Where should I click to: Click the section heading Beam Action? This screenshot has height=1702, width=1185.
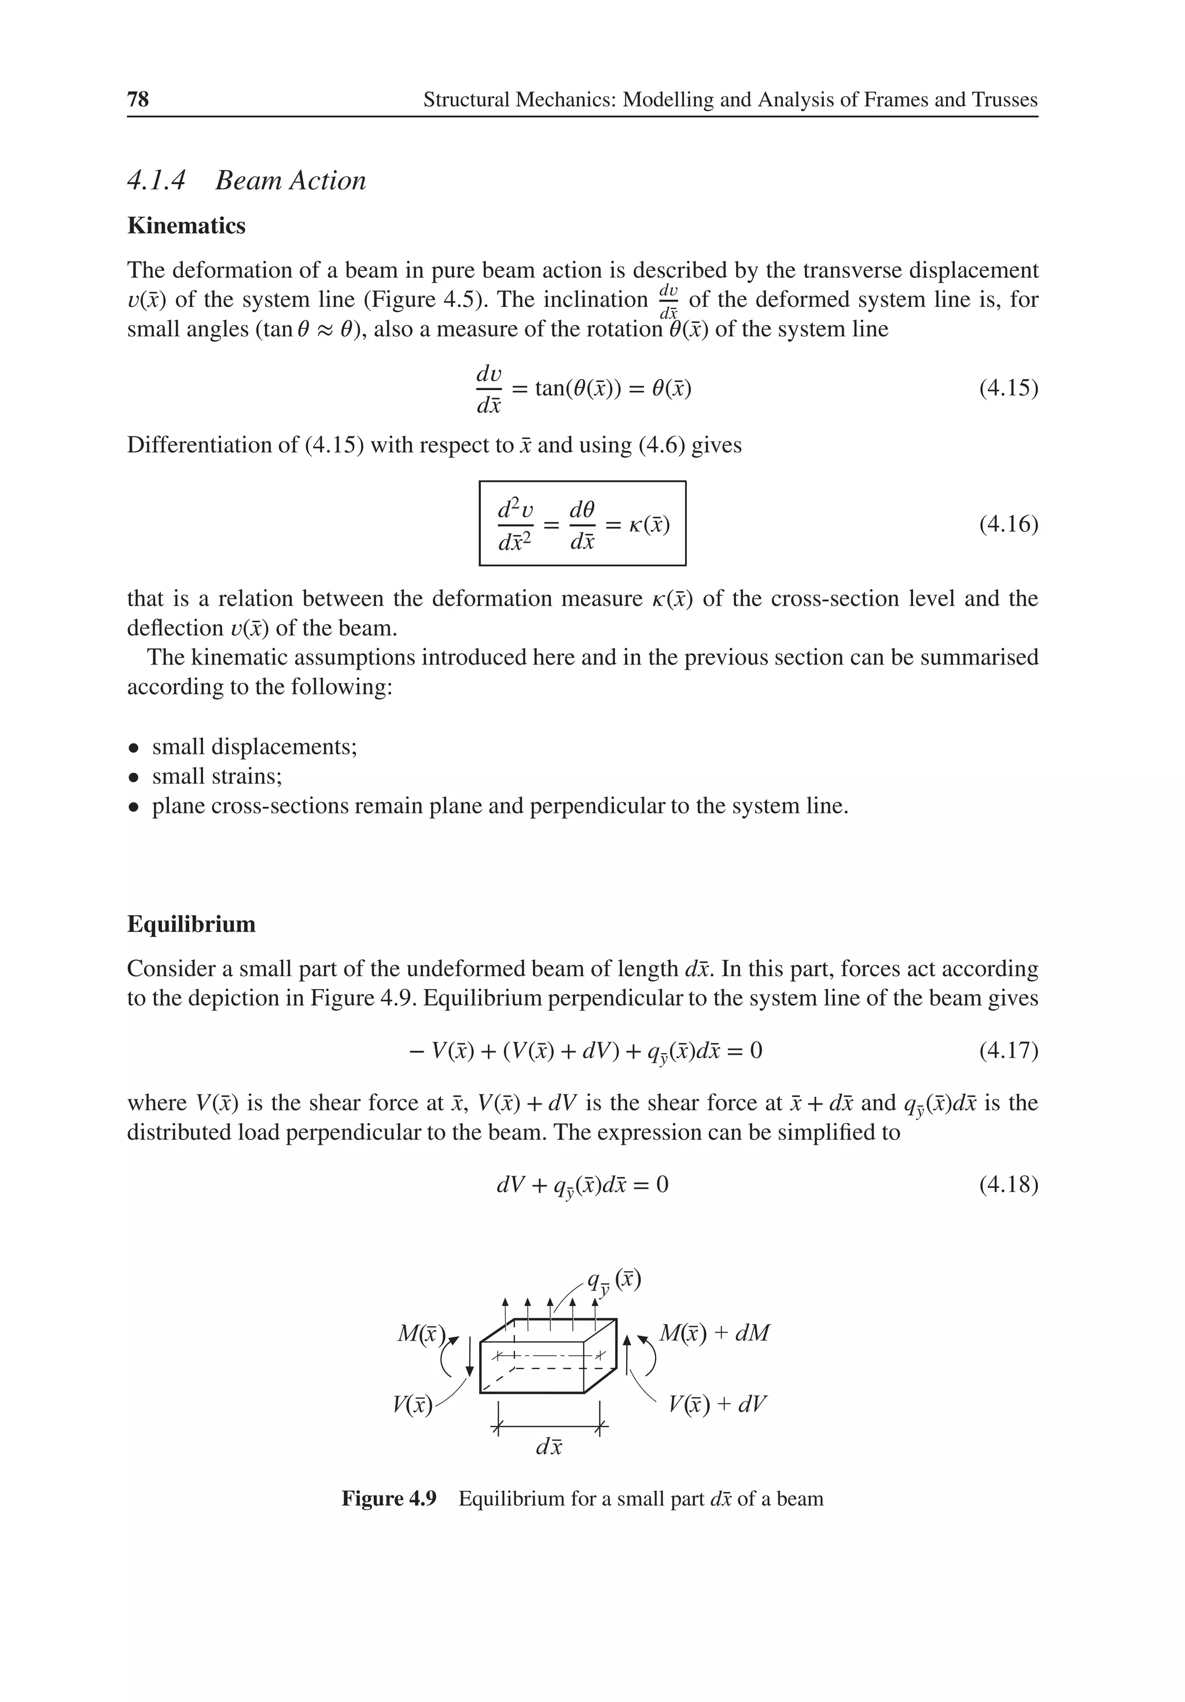point(290,181)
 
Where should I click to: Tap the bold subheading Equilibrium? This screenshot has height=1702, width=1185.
point(191,925)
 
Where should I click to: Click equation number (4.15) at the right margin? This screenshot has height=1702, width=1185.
point(1008,388)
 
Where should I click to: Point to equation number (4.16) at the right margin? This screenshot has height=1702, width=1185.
point(1008,524)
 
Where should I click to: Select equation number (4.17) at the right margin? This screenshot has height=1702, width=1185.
point(1008,1050)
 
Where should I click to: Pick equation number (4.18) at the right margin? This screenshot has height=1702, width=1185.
point(1008,1184)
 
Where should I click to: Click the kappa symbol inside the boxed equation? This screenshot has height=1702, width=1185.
point(636,526)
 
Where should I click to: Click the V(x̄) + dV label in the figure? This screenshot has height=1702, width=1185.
point(717,1404)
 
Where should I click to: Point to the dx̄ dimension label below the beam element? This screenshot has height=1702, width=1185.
point(549,1446)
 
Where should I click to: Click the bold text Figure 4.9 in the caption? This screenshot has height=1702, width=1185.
point(389,1499)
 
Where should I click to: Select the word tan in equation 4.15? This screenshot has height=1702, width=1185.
point(550,388)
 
